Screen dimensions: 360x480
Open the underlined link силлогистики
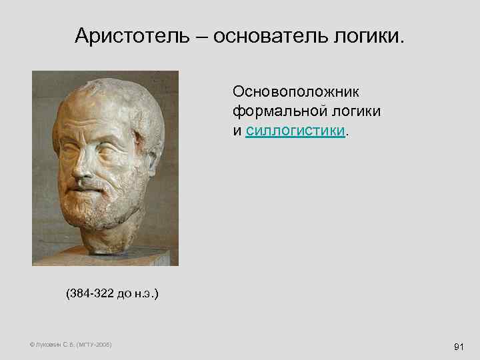coord(295,130)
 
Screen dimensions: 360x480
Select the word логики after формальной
coord(354,111)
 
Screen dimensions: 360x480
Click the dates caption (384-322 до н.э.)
coord(112,294)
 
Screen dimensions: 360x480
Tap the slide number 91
coord(458,347)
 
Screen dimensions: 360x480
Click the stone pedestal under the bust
coord(107,257)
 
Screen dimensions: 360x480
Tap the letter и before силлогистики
coord(237,130)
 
